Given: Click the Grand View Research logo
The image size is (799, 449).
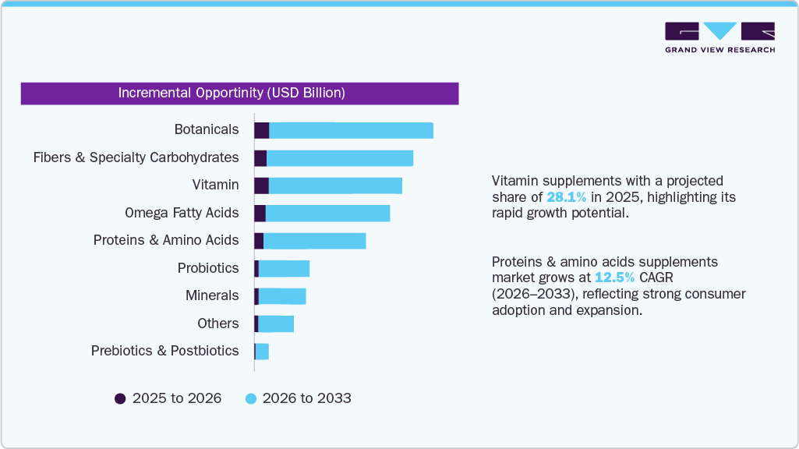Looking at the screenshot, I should [x=719, y=37].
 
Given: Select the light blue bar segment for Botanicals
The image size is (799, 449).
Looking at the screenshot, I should [x=351, y=130].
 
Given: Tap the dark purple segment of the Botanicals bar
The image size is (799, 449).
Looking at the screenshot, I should [x=261, y=130].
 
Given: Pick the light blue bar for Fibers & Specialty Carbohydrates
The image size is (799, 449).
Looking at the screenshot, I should [x=340, y=158].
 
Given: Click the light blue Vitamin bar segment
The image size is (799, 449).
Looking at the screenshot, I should [x=335, y=186].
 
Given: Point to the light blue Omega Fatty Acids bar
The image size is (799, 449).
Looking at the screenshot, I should [x=327, y=213].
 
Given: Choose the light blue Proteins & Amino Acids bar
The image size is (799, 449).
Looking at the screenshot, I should [x=315, y=241].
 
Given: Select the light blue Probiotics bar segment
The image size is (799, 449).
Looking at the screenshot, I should [x=284, y=268].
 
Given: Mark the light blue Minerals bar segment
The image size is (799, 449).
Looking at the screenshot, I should [x=282, y=296].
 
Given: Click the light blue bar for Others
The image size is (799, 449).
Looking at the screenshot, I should [x=276, y=323].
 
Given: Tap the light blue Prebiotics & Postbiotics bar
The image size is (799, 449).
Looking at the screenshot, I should [x=262, y=352].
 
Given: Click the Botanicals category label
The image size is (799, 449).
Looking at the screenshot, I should [x=207, y=129].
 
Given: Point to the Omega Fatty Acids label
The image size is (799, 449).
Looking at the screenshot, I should [x=182, y=213].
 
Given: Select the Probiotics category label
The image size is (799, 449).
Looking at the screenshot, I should [x=208, y=268].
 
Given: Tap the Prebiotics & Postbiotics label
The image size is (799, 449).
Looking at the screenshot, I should [x=164, y=351].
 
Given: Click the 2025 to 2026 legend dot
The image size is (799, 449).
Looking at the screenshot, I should [x=120, y=398].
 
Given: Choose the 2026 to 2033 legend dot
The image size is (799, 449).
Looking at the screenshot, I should [x=251, y=398].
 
